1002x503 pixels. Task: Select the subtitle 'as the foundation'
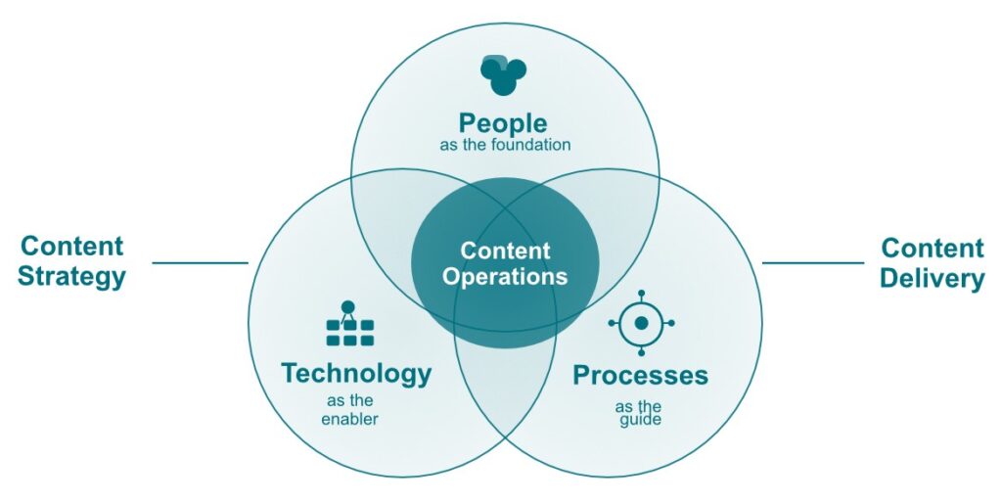504,145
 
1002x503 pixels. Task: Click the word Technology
356,373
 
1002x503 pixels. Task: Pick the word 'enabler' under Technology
350,419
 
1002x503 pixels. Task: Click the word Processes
640,375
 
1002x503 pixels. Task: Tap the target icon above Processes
641,322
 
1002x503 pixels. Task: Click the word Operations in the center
504,276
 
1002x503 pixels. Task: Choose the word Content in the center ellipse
505,251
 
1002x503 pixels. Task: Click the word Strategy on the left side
71,276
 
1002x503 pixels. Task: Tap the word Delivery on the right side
931,278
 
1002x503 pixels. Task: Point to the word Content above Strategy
71,246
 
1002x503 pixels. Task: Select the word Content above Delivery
932,248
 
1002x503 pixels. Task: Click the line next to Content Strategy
200,262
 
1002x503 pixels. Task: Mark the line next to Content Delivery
812,262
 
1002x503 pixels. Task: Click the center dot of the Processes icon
641,322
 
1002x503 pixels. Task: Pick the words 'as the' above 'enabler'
349,401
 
